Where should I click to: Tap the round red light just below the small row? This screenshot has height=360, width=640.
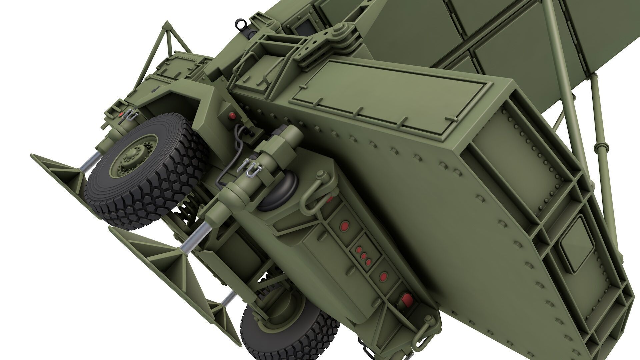384,276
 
